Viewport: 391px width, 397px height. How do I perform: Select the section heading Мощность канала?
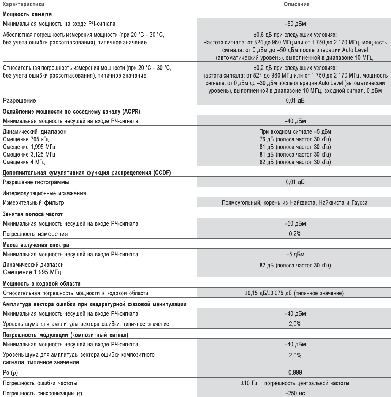(27, 14)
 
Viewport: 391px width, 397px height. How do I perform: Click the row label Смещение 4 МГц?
(24, 163)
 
